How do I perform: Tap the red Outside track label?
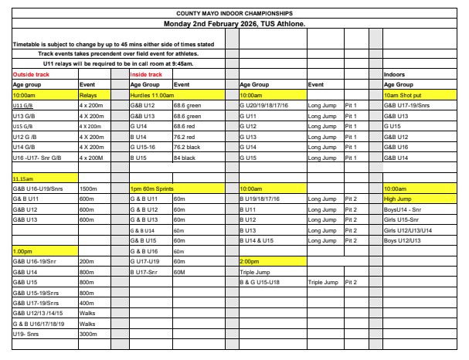[31, 74]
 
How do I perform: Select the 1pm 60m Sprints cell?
[153, 188]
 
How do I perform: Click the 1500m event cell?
[88, 188]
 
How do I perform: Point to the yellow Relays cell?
[89, 94]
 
